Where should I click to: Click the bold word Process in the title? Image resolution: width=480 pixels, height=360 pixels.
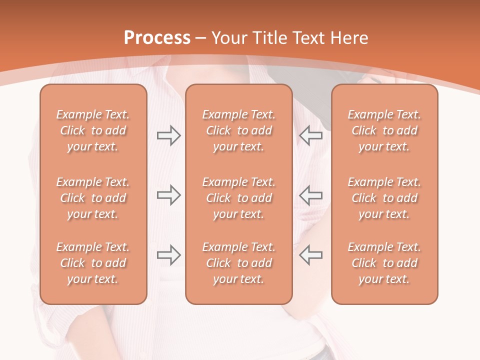tap(157, 38)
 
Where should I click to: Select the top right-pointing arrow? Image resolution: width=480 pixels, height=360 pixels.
tap(168, 135)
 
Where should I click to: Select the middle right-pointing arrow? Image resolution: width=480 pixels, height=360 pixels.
tap(168, 195)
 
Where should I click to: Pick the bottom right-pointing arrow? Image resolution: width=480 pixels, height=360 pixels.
tap(168, 255)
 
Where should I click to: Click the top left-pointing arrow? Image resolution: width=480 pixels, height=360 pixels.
tap(311, 135)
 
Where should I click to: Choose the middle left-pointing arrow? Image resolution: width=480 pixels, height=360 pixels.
tap(311, 195)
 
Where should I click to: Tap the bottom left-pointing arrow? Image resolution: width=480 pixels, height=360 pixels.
tap(311, 255)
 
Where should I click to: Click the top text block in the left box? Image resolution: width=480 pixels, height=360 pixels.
tap(93, 130)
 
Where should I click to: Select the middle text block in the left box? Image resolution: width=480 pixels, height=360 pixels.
tap(93, 198)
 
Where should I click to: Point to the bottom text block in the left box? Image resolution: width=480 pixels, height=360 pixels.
tap(93, 263)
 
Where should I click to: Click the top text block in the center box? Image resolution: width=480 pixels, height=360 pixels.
tap(238, 130)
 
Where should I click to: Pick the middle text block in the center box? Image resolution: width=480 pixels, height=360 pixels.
tap(238, 198)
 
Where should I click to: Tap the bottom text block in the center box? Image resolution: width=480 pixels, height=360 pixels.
tap(238, 263)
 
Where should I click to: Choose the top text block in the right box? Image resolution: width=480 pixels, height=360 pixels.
tap(384, 130)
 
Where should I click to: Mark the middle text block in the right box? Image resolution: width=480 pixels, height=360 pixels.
tap(384, 198)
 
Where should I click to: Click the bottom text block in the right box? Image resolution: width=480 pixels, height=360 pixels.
tap(384, 263)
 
